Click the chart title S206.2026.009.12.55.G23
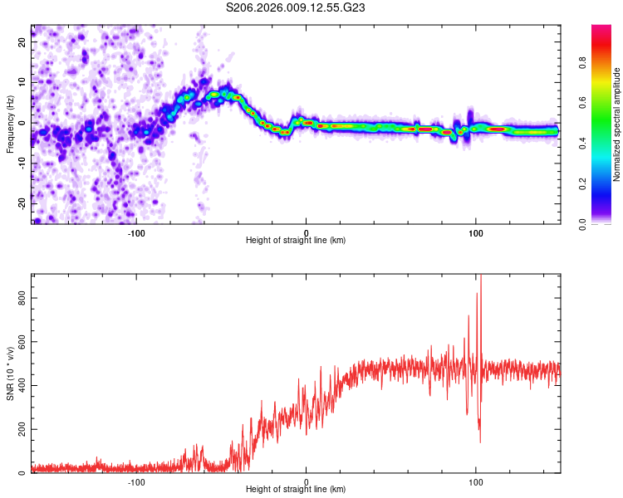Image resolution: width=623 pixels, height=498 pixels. click(296, 9)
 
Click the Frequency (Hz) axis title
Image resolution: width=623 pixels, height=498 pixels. click(11, 124)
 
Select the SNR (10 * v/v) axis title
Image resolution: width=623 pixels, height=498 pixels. click(11, 373)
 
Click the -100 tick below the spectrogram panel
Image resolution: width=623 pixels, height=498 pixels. click(136, 232)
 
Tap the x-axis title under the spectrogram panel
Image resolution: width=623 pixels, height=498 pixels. click(296, 240)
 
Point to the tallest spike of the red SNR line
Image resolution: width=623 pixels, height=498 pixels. click(481, 277)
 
